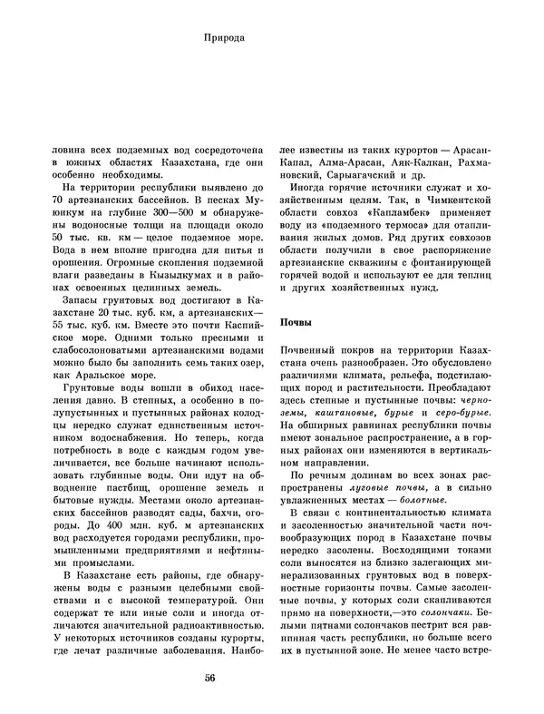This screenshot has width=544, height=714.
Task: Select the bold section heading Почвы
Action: click(x=296, y=322)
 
